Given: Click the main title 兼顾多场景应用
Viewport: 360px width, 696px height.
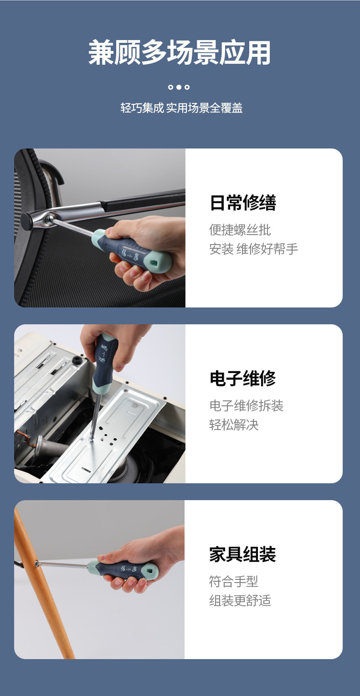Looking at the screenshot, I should (x=180, y=53).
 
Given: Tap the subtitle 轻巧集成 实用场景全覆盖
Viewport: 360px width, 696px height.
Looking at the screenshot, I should (x=181, y=108).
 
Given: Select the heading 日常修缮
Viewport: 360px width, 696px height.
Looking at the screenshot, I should (x=242, y=203).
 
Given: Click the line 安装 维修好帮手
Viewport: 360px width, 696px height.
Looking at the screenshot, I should (x=253, y=249).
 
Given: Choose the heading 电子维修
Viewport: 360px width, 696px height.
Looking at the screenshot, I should (x=242, y=379).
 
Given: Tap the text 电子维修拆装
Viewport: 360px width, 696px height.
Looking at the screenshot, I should (x=246, y=405).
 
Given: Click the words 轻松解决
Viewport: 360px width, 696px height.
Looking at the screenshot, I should (x=234, y=425).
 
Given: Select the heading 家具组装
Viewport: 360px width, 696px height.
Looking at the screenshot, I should (x=242, y=554).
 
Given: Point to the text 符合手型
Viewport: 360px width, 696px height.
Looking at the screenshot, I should (x=233, y=581).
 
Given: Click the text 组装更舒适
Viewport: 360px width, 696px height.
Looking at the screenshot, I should (x=240, y=600).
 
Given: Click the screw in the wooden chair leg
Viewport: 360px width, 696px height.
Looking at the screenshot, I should (x=37, y=564).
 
